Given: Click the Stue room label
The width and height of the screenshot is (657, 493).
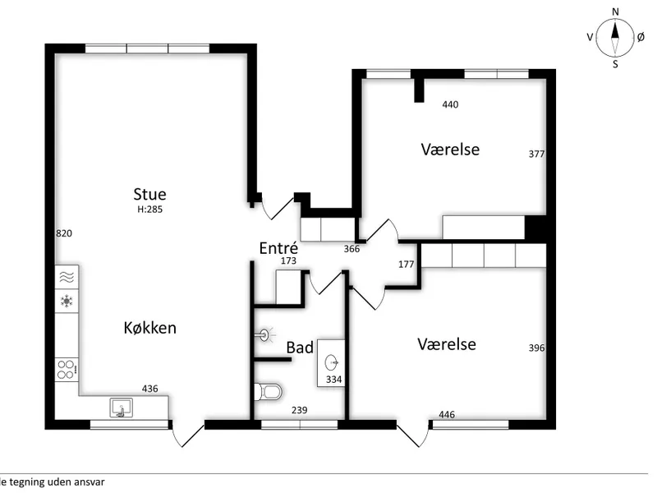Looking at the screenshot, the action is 149,194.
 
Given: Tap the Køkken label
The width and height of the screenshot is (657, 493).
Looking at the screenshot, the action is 150,327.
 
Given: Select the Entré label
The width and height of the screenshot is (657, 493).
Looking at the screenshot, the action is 278,248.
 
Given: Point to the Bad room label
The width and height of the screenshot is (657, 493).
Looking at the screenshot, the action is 300,348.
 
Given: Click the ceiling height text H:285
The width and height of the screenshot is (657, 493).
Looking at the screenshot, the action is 149,210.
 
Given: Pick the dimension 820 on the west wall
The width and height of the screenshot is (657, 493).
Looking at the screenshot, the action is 64,233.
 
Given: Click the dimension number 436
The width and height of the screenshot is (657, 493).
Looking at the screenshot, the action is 150,389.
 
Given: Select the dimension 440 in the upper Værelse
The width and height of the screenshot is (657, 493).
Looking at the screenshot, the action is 450,104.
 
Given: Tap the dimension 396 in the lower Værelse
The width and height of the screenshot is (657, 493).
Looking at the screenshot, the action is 537,348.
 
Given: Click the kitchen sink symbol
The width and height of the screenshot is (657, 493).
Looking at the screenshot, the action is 121,408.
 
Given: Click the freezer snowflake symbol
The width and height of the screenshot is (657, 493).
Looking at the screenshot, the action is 67,301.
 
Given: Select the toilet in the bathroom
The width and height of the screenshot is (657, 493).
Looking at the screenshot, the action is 268,393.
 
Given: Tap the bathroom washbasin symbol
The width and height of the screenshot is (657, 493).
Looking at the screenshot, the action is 332,362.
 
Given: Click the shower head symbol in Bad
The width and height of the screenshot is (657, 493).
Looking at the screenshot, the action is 265,335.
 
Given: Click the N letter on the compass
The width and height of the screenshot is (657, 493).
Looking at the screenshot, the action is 615,12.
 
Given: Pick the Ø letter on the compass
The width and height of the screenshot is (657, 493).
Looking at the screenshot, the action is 641,37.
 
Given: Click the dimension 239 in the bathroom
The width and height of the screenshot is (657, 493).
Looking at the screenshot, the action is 300,410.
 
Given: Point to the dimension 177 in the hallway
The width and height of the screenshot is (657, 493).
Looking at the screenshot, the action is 406,264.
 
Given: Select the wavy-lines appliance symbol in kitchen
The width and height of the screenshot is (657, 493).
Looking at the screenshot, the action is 67,277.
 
